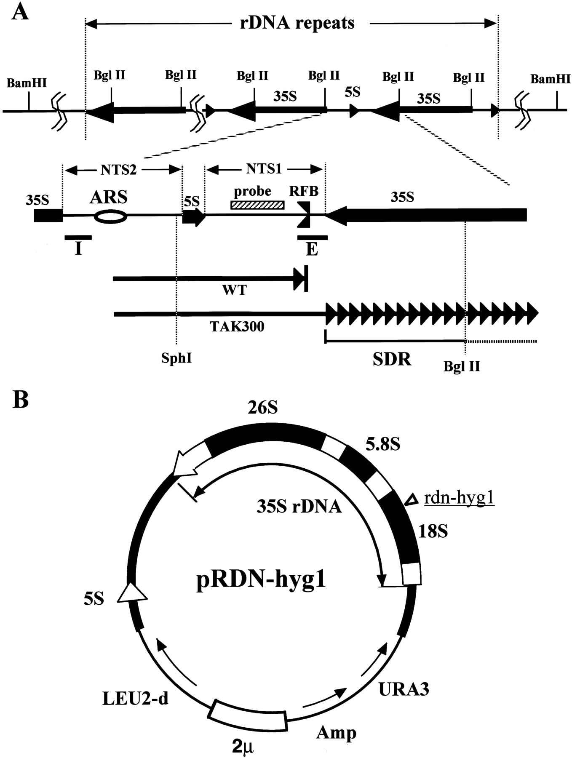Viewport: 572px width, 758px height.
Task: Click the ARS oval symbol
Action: click(x=110, y=216)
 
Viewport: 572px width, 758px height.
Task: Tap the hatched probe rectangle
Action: click(x=257, y=205)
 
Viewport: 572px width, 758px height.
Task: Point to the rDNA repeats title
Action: click(x=297, y=23)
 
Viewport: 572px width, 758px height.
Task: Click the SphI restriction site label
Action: click(x=176, y=358)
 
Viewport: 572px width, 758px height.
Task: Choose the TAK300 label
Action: click(x=237, y=326)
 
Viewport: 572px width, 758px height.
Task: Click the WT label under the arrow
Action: click(x=234, y=290)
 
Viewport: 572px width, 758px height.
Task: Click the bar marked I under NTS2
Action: click(x=78, y=238)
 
